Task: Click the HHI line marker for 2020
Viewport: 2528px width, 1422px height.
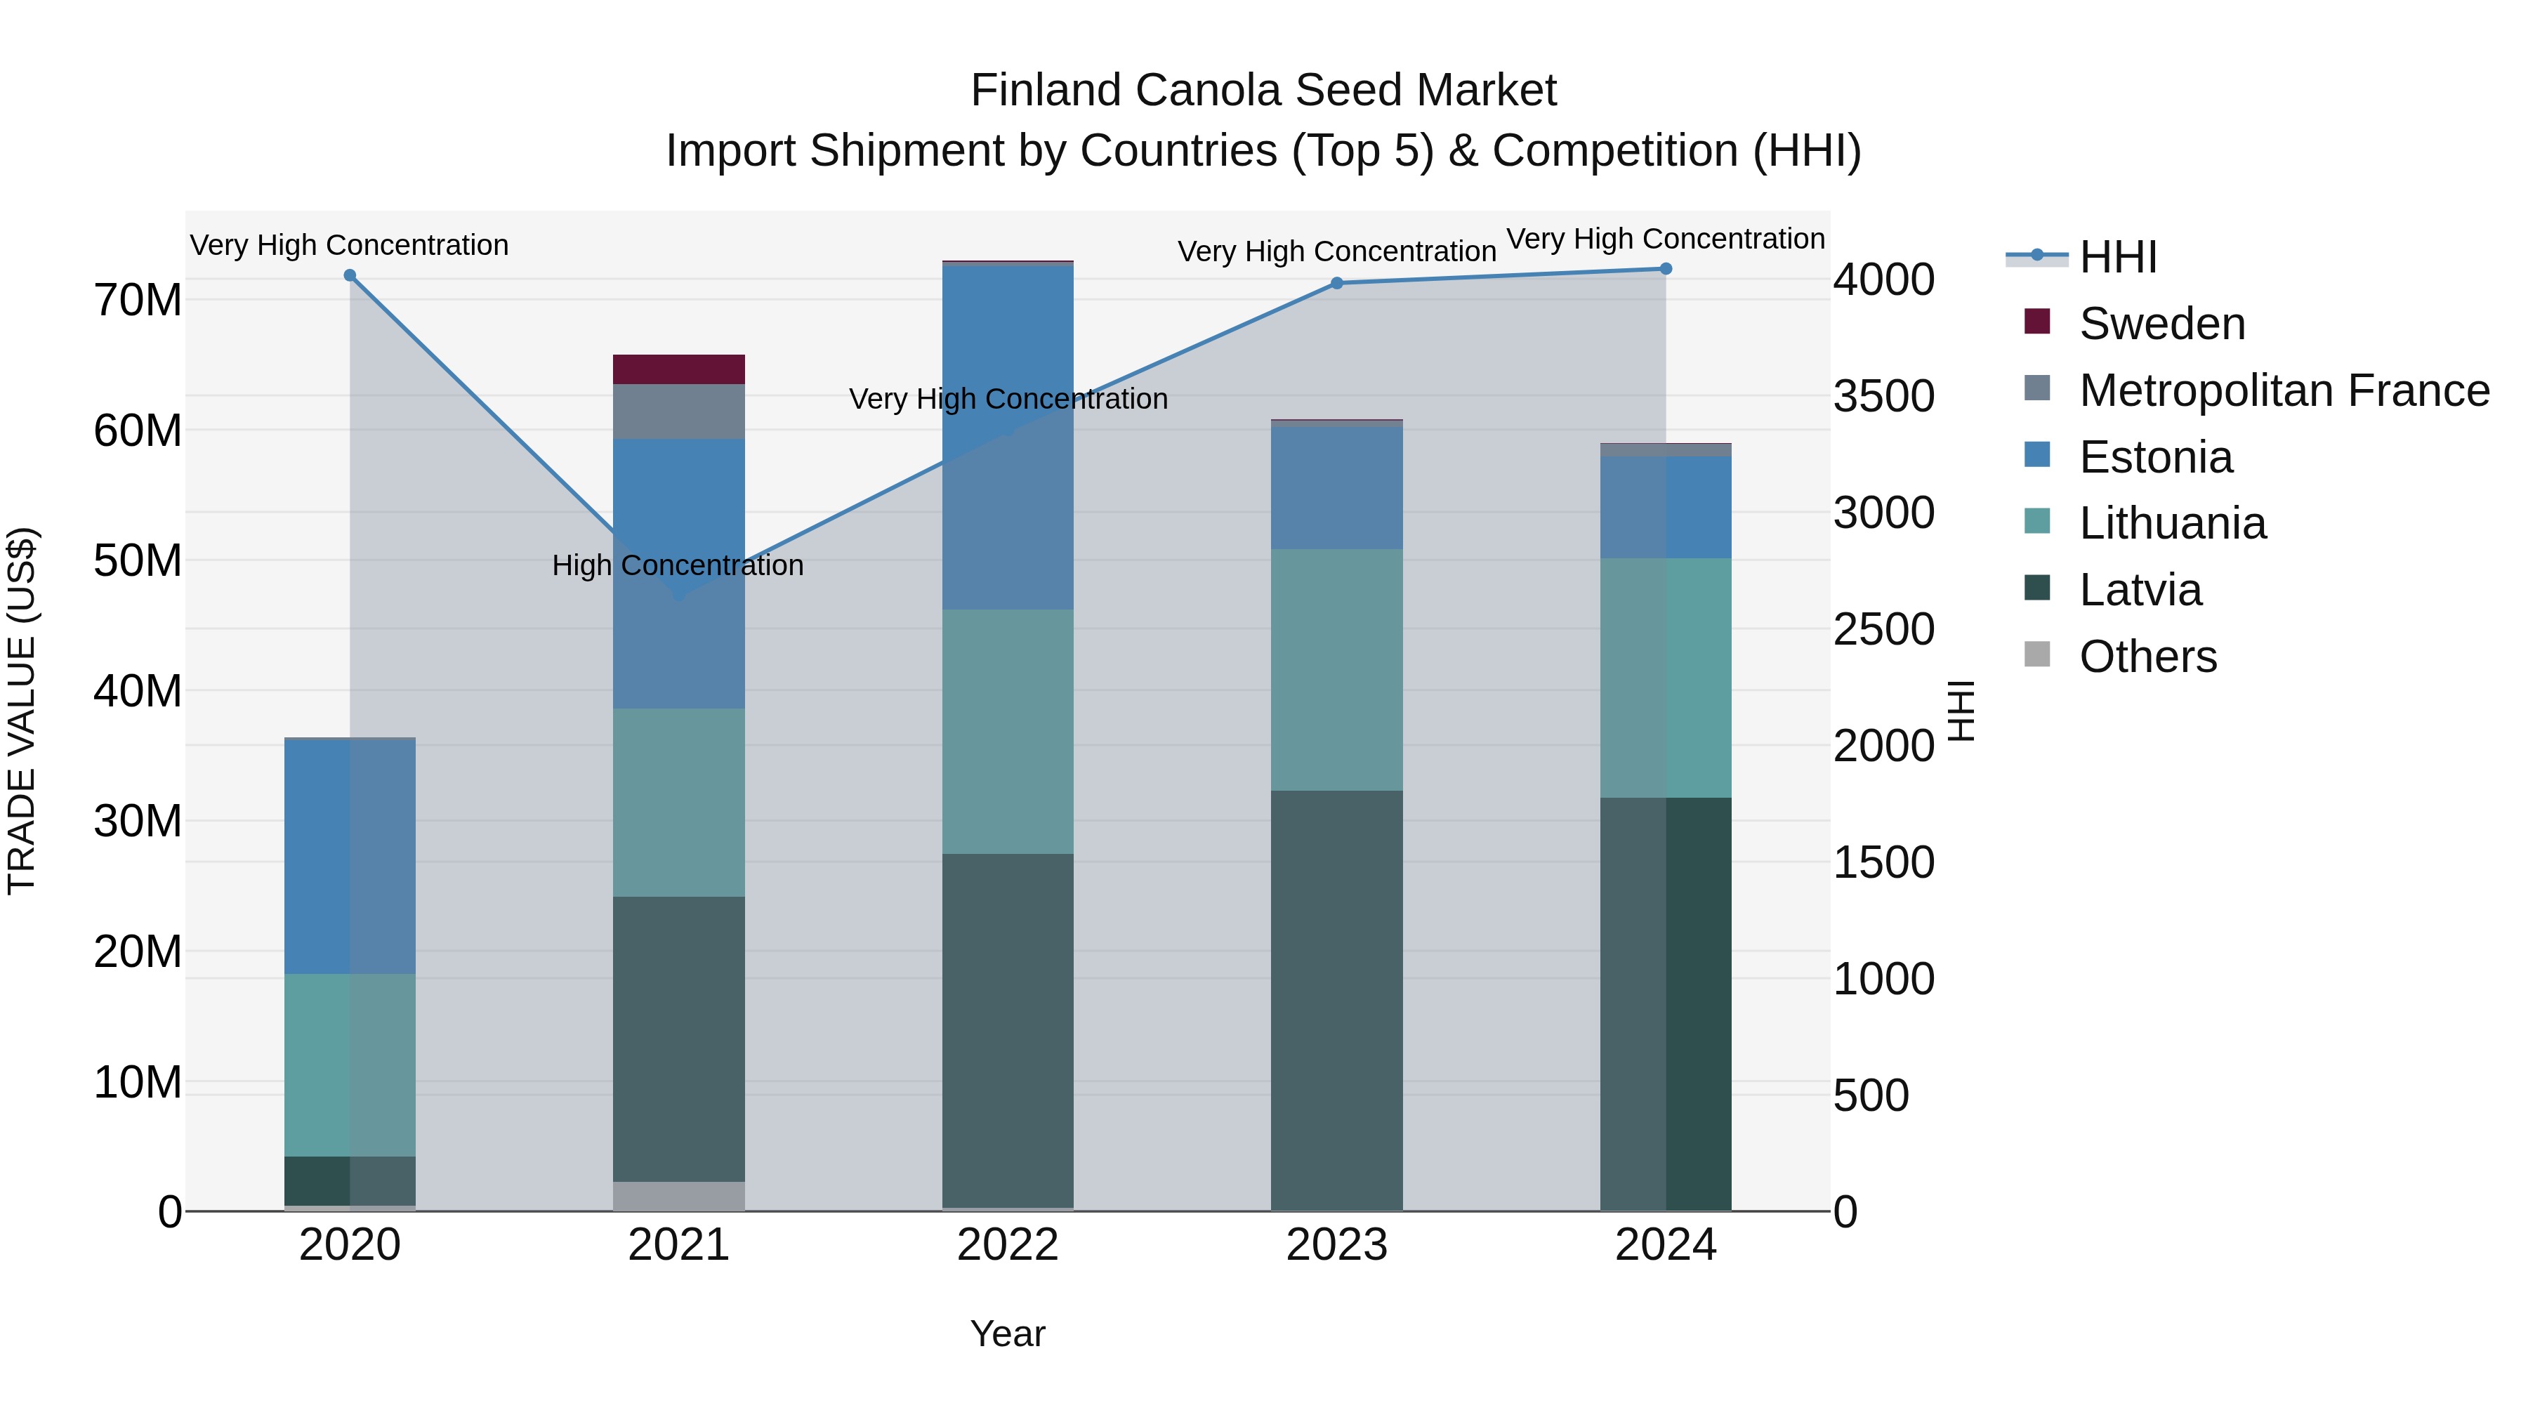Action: (x=350, y=276)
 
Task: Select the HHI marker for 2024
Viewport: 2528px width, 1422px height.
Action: (x=1666, y=269)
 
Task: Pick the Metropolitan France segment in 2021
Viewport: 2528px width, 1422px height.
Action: (x=678, y=412)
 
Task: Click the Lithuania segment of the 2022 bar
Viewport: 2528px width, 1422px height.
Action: (x=1007, y=731)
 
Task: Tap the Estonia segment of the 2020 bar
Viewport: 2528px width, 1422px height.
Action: (x=350, y=856)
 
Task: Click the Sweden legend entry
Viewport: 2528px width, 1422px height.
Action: (x=2161, y=324)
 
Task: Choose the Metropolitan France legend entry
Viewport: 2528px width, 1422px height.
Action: (x=2284, y=390)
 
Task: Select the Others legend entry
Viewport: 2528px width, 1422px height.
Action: (x=2147, y=657)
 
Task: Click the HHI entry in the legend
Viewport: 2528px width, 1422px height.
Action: (x=2118, y=257)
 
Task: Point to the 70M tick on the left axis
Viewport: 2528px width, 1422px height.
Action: (x=138, y=301)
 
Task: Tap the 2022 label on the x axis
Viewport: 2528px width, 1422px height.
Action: (x=1007, y=1245)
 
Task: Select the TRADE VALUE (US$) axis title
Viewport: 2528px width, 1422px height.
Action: (x=22, y=711)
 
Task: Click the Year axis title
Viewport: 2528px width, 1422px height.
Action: (x=1007, y=1334)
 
